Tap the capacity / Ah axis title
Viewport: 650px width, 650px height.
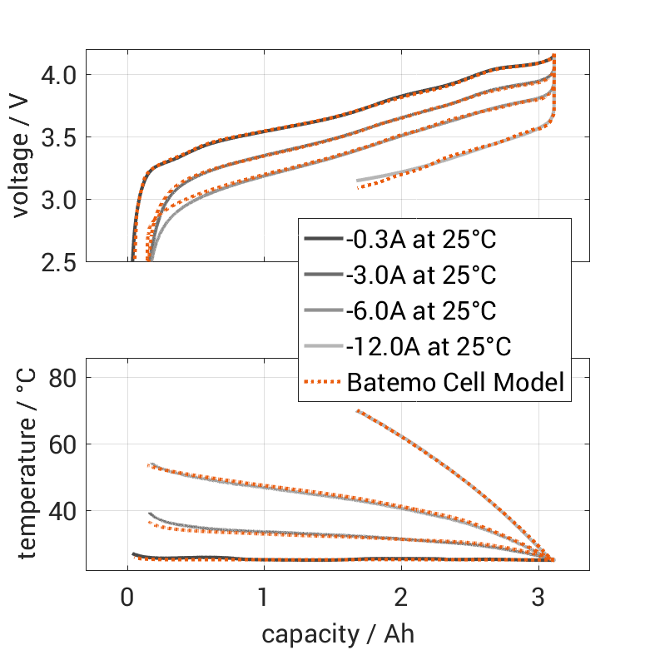click(337, 634)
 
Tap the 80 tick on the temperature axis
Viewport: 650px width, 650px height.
click(63, 378)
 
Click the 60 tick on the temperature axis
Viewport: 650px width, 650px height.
click(63, 444)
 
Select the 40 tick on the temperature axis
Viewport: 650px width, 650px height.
click(63, 510)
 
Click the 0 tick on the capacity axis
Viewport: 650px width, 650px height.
click(127, 597)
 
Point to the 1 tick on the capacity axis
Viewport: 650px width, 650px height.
click(265, 597)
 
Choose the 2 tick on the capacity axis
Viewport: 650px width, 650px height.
click(402, 597)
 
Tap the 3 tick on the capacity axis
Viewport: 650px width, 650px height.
click(539, 597)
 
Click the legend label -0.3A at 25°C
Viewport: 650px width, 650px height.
click(421, 241)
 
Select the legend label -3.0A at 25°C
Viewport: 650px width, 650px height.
click(421, 275)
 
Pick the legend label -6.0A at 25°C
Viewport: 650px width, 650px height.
click(421, 311)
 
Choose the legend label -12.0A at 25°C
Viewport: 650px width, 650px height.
click(428, 346)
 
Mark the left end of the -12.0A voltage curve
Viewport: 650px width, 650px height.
click(358, 181)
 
